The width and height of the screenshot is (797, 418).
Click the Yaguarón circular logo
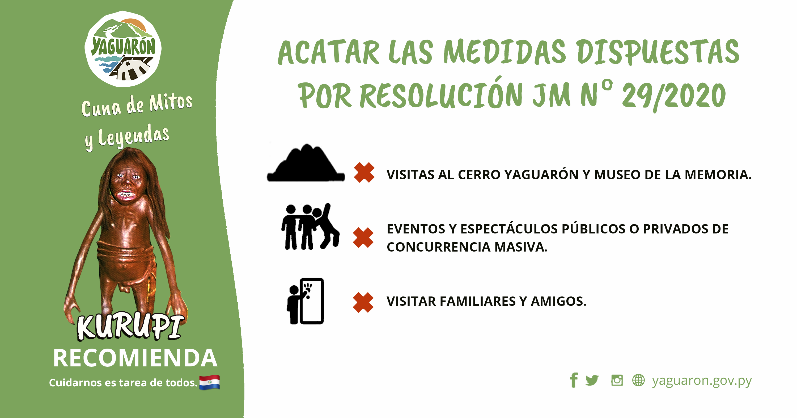pos(123,49)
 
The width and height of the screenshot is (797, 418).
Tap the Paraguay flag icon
pos(209,382)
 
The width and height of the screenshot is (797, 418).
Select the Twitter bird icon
pos(592,380)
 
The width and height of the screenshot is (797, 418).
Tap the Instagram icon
pos(617,380)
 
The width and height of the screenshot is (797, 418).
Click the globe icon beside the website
pos(638,380)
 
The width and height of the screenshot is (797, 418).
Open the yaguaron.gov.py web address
pos(702,381)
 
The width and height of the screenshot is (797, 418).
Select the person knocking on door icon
pos(305,301)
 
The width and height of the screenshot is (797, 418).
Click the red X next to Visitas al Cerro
pos(364,173)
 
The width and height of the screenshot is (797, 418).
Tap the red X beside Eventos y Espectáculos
pos(363,237)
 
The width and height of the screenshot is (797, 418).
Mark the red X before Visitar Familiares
pos(363,303)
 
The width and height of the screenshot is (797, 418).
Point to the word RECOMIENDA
pos(135,358)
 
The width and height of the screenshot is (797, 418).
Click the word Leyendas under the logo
pos(134,136)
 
